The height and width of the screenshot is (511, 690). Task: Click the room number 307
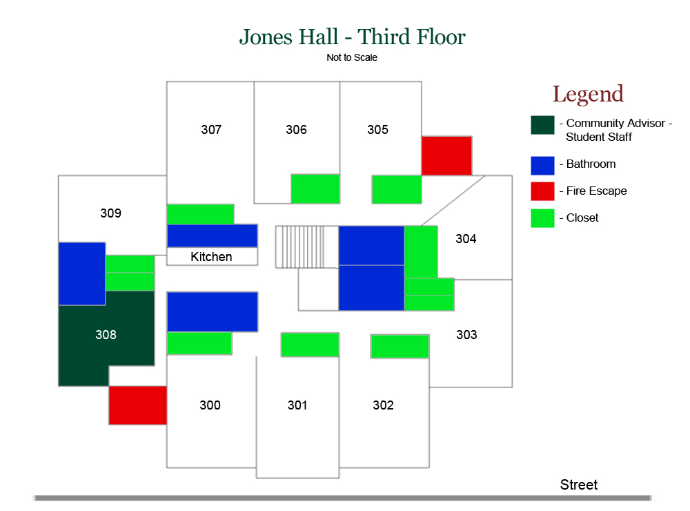211,130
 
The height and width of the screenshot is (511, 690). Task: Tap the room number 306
296,130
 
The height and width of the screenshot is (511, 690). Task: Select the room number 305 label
377,130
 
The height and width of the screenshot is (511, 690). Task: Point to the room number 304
466,239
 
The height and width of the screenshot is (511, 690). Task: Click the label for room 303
466,335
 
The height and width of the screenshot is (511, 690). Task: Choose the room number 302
383,405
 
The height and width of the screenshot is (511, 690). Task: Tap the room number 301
297,405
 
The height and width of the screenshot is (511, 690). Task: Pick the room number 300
210,405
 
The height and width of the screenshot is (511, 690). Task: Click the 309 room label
110,213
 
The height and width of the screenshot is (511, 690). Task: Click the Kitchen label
211,257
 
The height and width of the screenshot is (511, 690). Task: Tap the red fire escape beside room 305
446,155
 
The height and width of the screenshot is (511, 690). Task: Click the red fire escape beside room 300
138,405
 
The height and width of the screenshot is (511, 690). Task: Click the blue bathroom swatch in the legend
542,166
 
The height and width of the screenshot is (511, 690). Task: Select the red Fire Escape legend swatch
542,191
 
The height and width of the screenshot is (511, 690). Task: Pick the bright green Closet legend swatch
542,218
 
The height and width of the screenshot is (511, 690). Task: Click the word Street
579,485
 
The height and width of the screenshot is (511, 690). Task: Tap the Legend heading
588,95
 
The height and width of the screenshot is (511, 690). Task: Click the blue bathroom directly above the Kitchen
212,235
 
